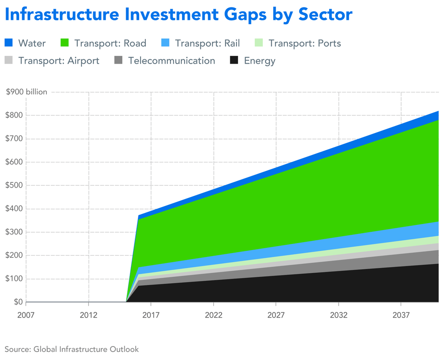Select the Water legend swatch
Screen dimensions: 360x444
click(9, 43)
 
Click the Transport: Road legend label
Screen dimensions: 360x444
click(110, 43)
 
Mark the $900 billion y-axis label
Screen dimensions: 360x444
click(26, 92)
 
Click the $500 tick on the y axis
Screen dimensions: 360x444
click(14, 185)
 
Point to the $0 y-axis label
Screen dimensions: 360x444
click(18, 302)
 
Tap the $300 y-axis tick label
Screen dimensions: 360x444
click(14, 232)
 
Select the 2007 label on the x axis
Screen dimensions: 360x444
click(26, 315)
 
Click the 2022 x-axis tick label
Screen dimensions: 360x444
click(214, 315)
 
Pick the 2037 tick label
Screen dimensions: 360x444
click(401, 315)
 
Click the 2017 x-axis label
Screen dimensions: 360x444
click(151, 315)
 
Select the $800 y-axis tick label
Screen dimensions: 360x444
click(14, 115)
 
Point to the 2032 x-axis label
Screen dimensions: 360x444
click(339, 315)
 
